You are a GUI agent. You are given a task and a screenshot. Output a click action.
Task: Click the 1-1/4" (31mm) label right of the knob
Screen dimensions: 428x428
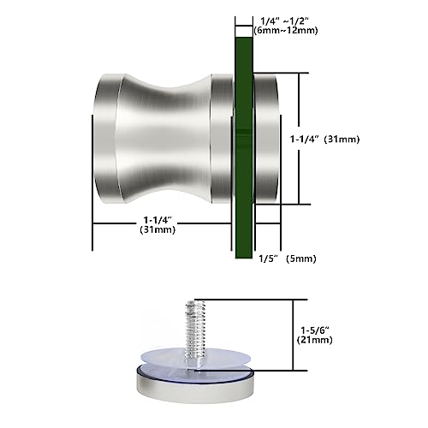point(349,136)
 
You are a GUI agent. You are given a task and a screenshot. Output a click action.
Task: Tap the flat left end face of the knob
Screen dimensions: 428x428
point(102,137)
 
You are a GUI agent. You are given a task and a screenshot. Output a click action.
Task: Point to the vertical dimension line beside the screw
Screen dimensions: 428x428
point(294,334)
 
